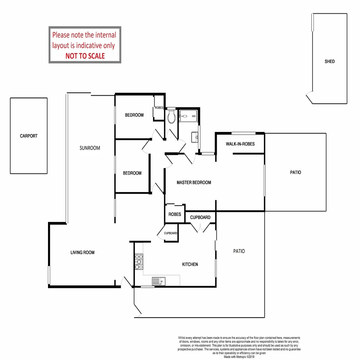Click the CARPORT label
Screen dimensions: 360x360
click(x=29, y=136)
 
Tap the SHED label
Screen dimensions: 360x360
click(x=329, y=61)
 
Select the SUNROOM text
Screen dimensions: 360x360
click(x=90, y=148)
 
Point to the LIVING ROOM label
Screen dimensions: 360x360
click(x=82, y=253)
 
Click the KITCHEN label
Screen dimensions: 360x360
click(x=190, y=264)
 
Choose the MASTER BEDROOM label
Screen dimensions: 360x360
click(x=194, y=183)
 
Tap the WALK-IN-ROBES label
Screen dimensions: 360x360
click(x=240, y=144)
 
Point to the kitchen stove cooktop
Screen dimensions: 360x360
click(x=139, y=262)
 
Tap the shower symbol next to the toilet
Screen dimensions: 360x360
click(x=189, y=116)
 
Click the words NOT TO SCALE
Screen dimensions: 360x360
click(x=85, y=56)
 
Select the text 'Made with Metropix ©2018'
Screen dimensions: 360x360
click(x=239, y=357)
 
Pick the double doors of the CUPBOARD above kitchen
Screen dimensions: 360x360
click(x=200, y=228)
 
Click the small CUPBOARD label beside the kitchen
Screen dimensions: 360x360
click(x=171, y=233)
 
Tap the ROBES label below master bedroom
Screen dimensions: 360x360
click(x=175, y=214)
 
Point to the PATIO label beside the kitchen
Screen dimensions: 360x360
click(x=239, y=251)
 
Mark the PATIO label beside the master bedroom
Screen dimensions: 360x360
click(x=295, y=172)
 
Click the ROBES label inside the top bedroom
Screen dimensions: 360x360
click(x=159, y=108)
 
